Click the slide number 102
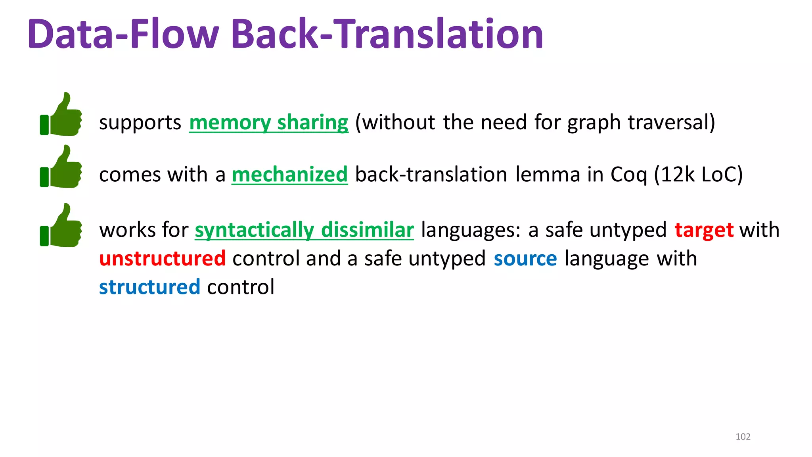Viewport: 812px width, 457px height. (743, 437)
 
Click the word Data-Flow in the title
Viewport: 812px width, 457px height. (123, 35)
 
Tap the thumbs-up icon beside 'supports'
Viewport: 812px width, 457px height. (61, 115)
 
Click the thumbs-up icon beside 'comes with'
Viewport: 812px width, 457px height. (61, 167)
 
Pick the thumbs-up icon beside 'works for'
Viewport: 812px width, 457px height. (61, 226)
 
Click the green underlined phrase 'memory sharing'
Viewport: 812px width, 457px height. (269, 122)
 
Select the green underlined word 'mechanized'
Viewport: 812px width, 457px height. (290, 175)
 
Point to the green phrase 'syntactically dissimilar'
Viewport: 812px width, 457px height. (304, 230)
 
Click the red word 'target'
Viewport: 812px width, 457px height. (704, 230)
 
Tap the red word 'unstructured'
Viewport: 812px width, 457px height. (163, 259)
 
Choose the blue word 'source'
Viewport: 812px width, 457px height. (525, 259)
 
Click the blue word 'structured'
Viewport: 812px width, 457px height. (149, 287)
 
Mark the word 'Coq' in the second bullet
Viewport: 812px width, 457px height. (629, 175)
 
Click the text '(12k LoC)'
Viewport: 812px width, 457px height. (698, 175)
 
